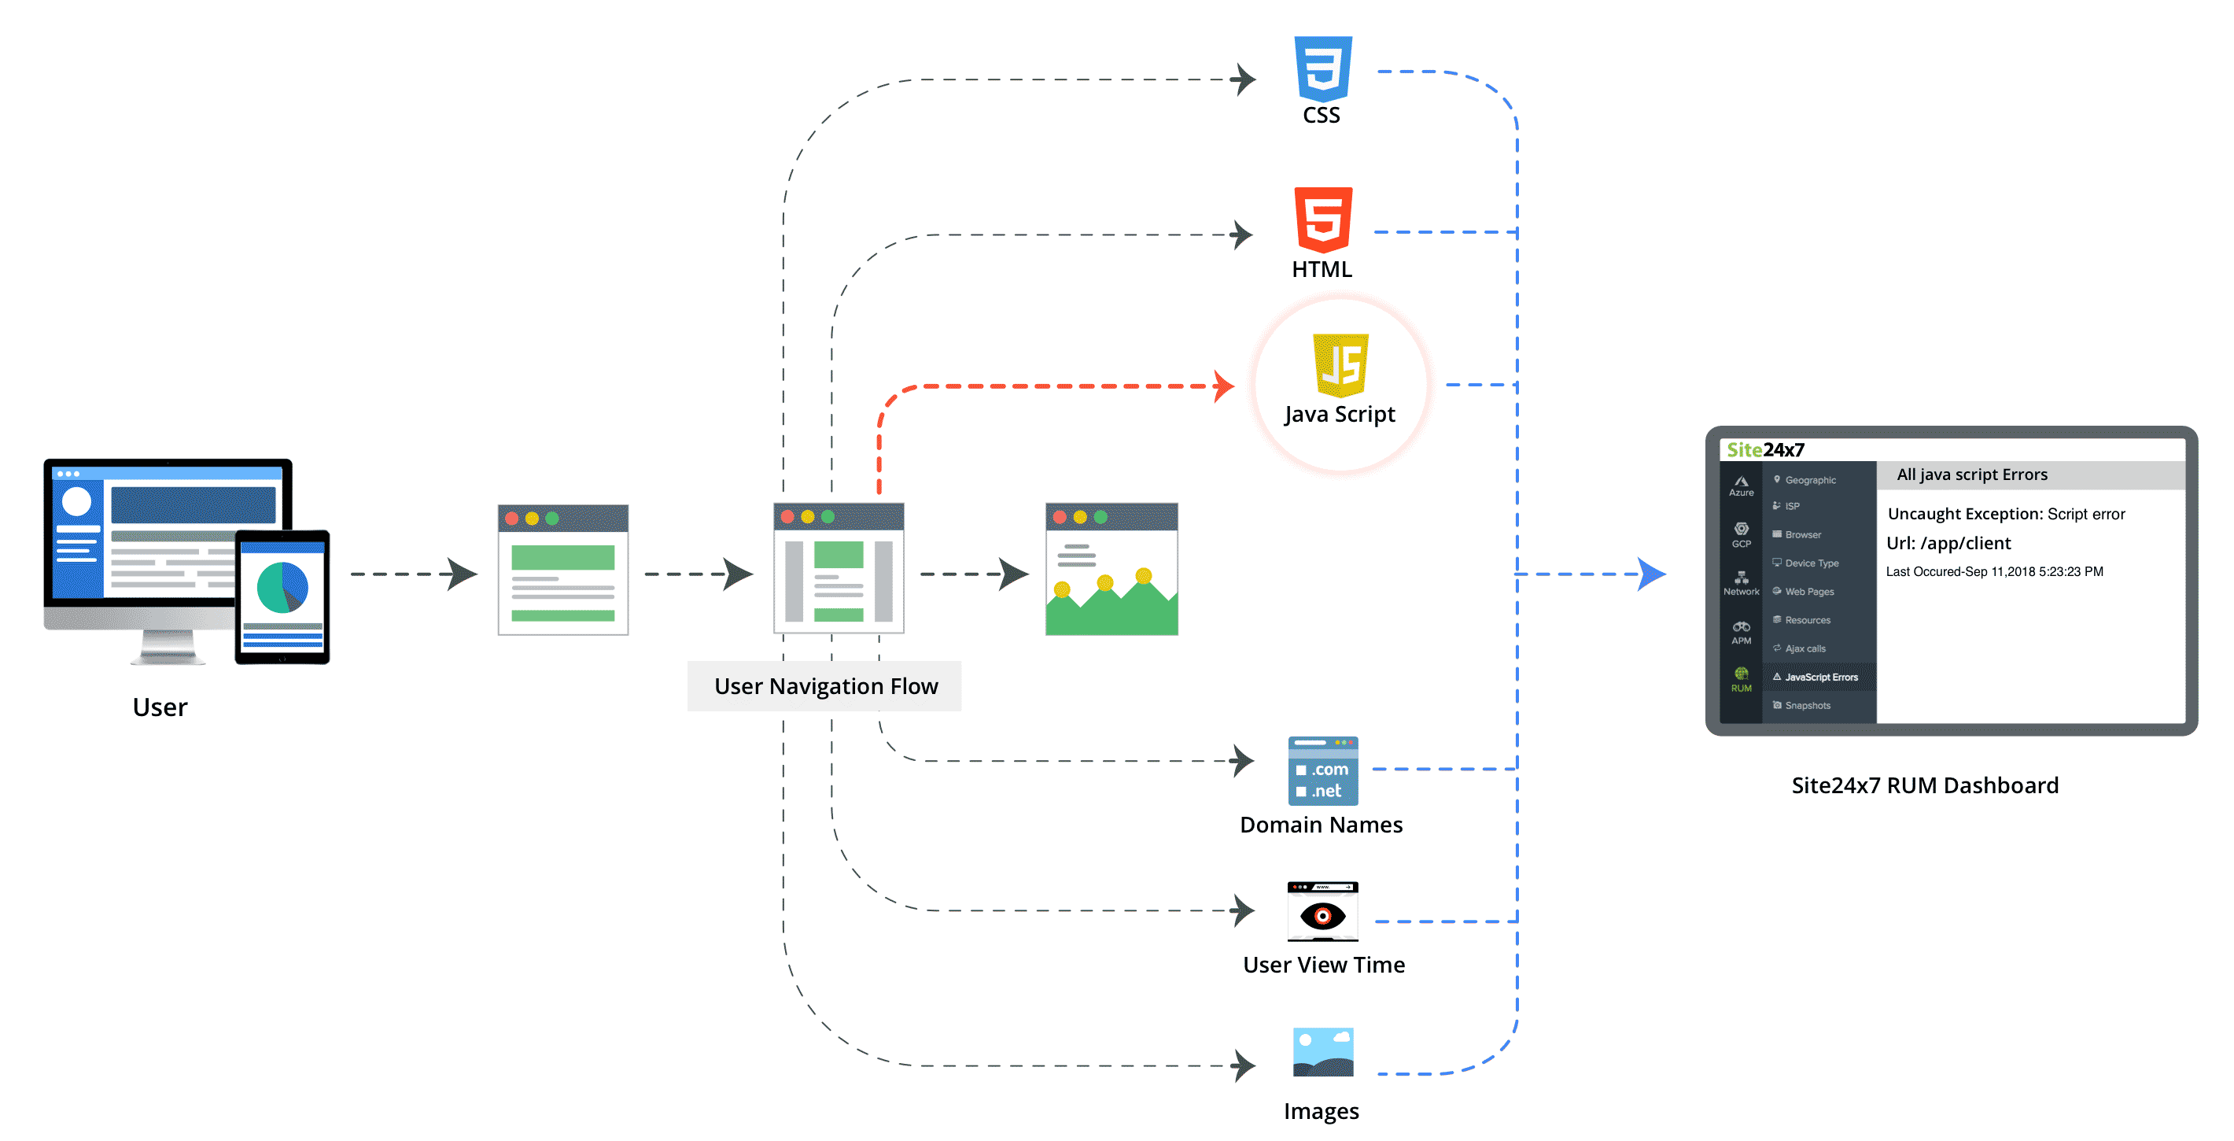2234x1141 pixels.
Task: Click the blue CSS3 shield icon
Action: pyautogui.click(x=1322, y=68)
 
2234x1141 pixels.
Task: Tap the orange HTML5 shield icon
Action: pyautogui.click(x=1322, y=220)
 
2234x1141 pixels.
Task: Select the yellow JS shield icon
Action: pyautogui.click(x=1340, y=365)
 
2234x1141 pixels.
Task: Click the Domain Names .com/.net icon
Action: pyautogui.click(x=1322, y=770)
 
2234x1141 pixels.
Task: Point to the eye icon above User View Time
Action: pyautogui.click(x=1322, y=914)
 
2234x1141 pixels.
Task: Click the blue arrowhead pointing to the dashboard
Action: pyautogui.click(x=1651, y=574)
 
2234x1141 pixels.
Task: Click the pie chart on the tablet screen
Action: pyautogui.click(x=282, y=588)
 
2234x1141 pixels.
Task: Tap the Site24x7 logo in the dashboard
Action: pyautogui.click(x=1765, y=449)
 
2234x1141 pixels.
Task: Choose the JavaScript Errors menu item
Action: pyautogui.click(x=1820, y=677)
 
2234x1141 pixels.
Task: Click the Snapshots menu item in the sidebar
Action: pyautogui.click(x=1806, y=705)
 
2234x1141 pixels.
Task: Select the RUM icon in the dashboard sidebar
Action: pyautogui.click(x=1741, y=678)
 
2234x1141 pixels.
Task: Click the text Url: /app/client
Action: pyautogui.click(x=1948, y=543)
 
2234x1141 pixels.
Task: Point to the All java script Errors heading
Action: pyautogui.click(x=1971, y=474)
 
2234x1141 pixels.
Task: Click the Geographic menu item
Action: pyautogui.click(x=1809, y=480)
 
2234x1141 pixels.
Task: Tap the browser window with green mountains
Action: pyautogui.click(x=1111, y=569)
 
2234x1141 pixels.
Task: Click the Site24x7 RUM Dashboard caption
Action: pyautogui.click(x=1924, y=785)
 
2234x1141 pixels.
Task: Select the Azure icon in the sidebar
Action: pyautogui.click(x=1741, y=485)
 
